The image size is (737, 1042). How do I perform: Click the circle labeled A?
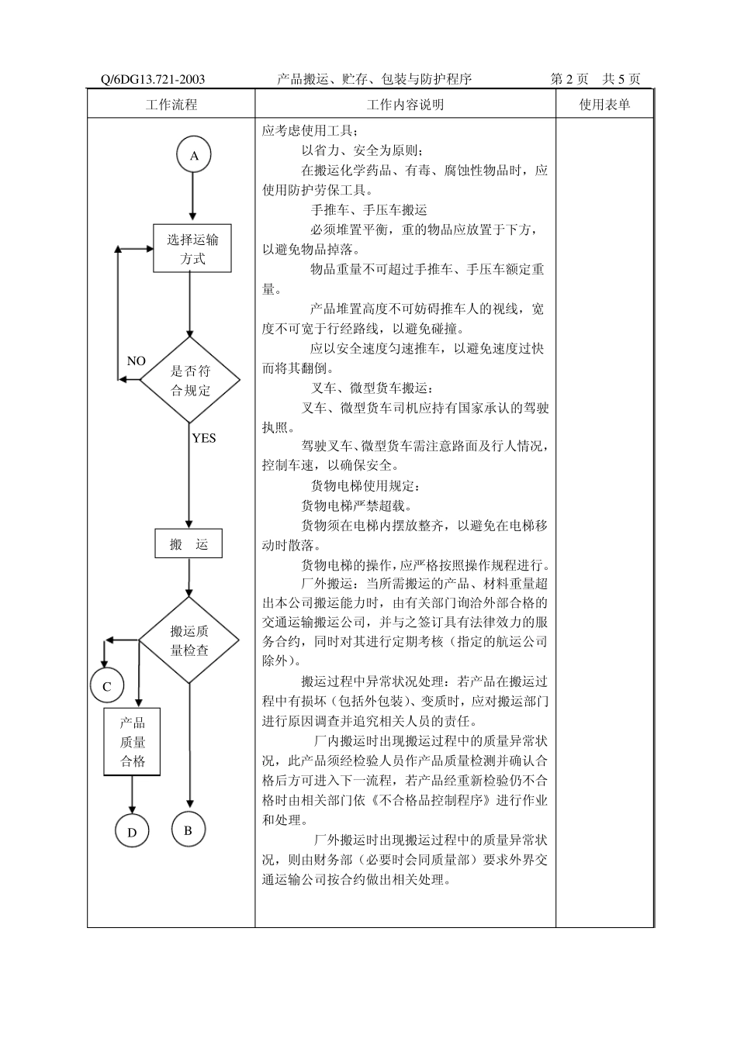194,155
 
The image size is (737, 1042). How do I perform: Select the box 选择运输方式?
192,249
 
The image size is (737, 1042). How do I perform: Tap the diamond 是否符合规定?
190,381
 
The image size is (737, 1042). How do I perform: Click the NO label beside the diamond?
136,361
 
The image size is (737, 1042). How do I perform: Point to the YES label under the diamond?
203,438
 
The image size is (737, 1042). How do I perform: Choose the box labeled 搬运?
189,544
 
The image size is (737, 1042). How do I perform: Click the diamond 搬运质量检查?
189,640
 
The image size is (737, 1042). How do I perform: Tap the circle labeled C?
107,686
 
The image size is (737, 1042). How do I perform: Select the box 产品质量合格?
133,742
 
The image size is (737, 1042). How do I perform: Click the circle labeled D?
132,833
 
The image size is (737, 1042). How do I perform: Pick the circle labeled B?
188,830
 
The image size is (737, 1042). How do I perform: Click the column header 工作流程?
171,105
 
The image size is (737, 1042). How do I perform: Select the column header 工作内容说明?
405,105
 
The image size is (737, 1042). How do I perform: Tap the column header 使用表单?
604,105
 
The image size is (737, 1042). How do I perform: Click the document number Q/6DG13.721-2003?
153,80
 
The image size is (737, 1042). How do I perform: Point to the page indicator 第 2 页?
569,80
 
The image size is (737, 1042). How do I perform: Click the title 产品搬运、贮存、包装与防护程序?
374,80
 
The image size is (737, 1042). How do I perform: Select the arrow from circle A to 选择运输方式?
193,198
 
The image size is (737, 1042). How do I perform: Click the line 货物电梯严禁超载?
357,506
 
